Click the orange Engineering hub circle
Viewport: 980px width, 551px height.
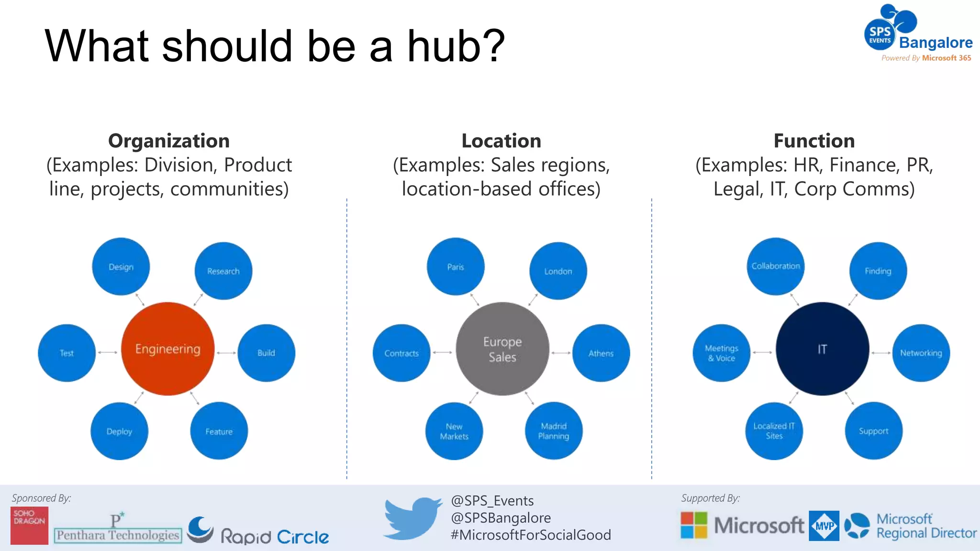point(167,349)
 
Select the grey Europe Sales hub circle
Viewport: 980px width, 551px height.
point(502,349)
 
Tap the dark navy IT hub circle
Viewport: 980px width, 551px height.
point(822,349)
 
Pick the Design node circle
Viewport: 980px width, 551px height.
point(121,266)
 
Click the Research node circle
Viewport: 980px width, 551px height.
point(223,271)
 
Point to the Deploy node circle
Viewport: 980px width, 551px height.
point(119,431)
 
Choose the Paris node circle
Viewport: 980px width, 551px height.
point(456,266)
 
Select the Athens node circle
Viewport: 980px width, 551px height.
point(601,353)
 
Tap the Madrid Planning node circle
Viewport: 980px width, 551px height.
point(554,430)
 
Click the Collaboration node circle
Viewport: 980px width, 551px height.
point(775,266)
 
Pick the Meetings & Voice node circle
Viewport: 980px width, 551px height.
point(722,353)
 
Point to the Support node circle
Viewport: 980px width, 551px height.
point(873,430)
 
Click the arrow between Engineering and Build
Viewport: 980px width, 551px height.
point(226,353)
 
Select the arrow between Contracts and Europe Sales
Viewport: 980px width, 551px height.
point(443,353)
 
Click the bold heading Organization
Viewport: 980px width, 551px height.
point(169,141)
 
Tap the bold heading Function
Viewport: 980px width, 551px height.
point(814,141)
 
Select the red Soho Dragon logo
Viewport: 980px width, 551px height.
point(29,525)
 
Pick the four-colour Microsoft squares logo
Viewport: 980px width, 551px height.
point(694,525)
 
